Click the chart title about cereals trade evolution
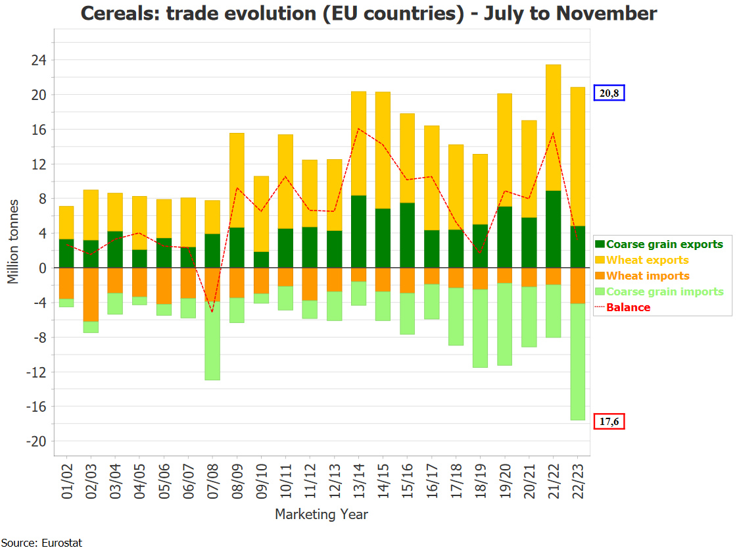point(368,13)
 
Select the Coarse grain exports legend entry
point(664,244)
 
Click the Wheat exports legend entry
point(647,260)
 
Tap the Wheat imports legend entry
point(648,276)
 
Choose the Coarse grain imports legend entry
point(664,291)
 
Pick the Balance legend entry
point(628,307)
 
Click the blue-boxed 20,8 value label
point(609,93)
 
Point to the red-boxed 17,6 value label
point(609,421)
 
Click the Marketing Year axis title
point(321,514)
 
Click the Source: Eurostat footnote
point(41,543)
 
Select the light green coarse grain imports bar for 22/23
point(577,362)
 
